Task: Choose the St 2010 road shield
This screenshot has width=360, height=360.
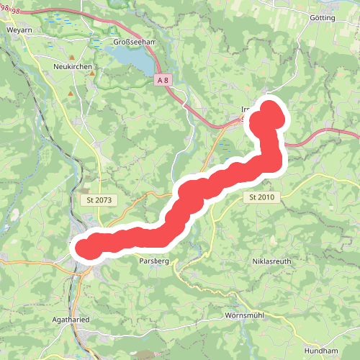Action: [262, 197]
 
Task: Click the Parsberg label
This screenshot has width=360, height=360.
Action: [153, 261]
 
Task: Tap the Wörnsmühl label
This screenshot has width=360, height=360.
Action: [247, 316]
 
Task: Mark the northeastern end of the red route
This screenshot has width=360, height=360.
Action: [271, 112]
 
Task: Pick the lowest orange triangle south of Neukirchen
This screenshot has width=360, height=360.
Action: [70, 93]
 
